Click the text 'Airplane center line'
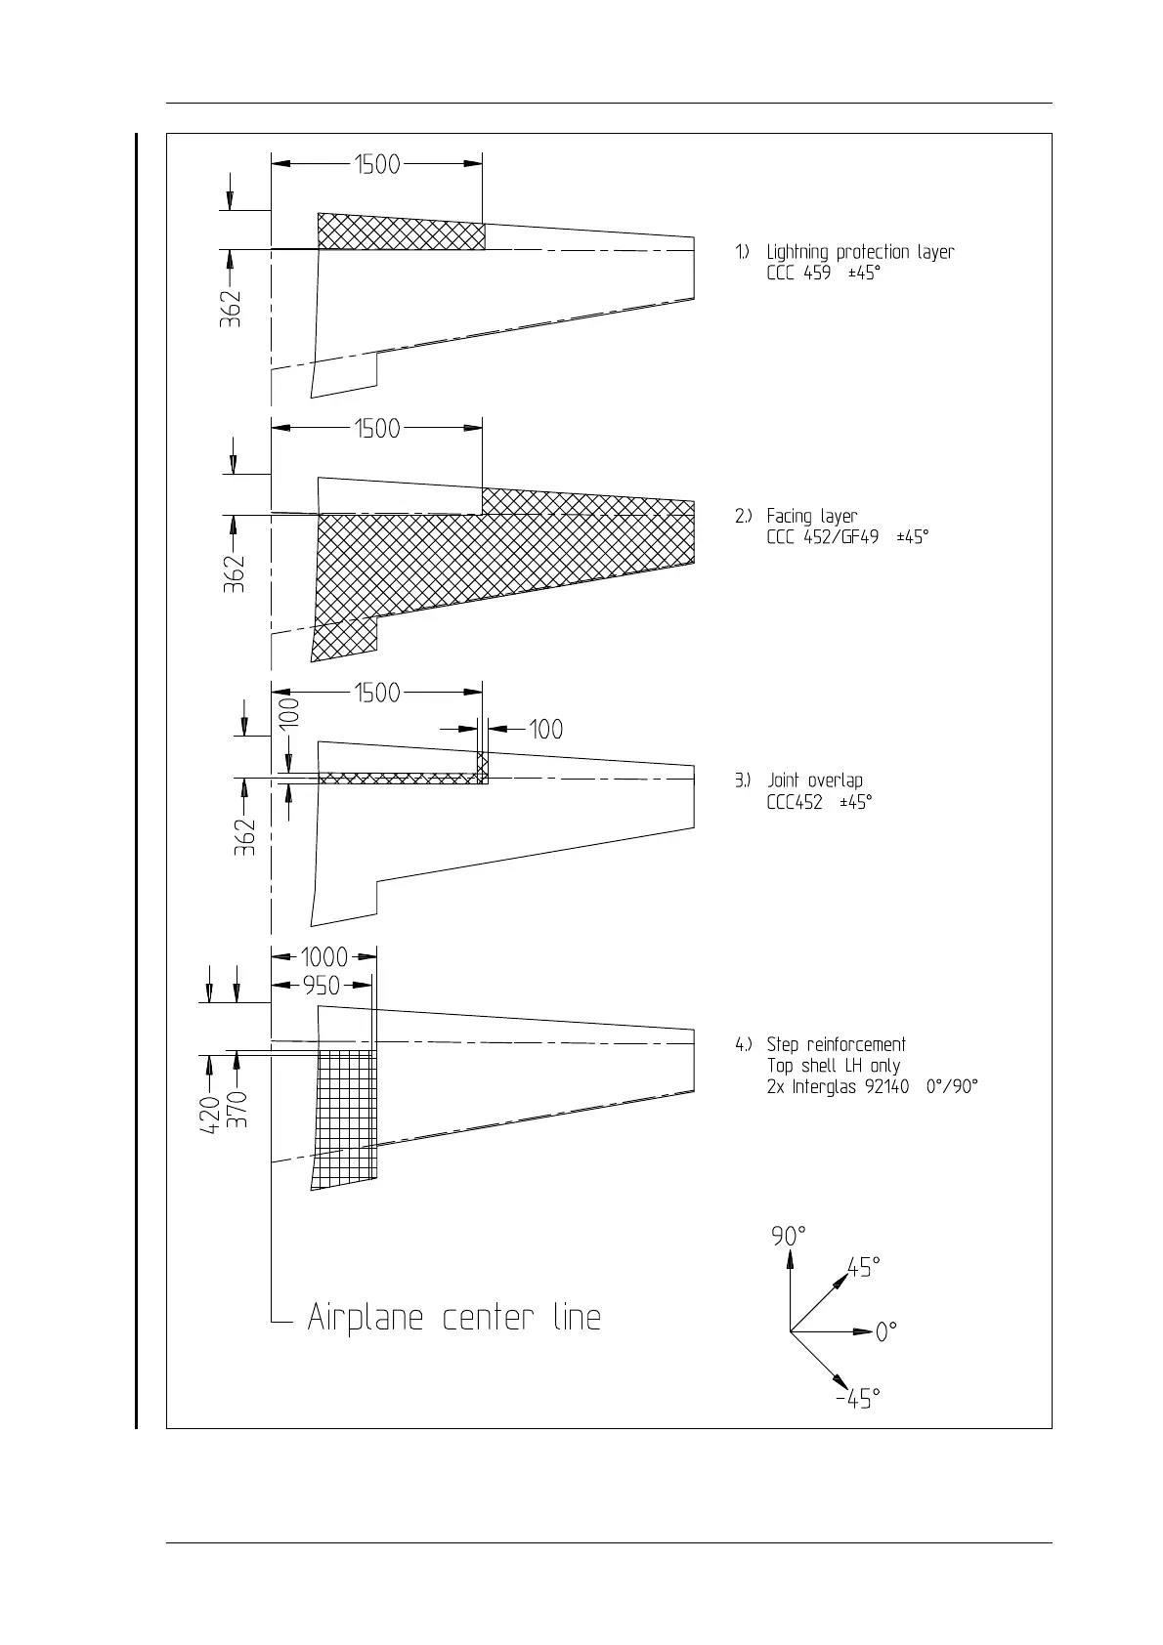click(x=454, y=1318)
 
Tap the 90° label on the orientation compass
click(x=789, y=1236)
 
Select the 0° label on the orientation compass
click(x=886, y=1331)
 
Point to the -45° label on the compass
click(x=857, y=1399)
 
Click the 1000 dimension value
click(x=323, y=957)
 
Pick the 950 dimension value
click(x=321, y=986)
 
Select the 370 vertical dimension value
click(x=237, y=1110)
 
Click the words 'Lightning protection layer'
click(x=860, y=252)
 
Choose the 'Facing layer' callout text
click(x=811, y=516)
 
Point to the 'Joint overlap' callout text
click(x=814, y=780)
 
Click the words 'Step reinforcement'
click(x=836, y=1044)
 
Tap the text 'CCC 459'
click(x=798, y=274)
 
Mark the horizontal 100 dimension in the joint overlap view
click(x=545, y=729)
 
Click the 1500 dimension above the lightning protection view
click(x=377, y=164)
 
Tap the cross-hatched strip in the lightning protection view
click(x=401, y=232)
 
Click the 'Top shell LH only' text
click(x=833, y=1066)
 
